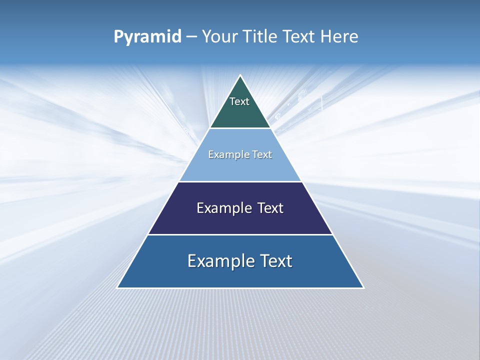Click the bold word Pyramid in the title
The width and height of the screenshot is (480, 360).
pyautogui.click(x=147, y=37)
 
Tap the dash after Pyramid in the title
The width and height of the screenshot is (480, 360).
pyautogui.click(x=191, y=37)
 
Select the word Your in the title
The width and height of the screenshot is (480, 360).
pyautogui.click(x=219, y=37)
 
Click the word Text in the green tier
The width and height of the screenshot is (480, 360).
pyautogui.click(x=239, y=101)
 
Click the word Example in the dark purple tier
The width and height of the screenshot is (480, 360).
pyautogui.click(x=221, y=208)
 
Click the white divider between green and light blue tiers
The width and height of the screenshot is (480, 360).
pyautogui.click(x=240, y=128)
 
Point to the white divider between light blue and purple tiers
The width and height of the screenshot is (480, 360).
pyautogui.click(x=240, y=181)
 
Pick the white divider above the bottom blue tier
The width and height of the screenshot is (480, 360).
pyautogui.click(x=240, y=234)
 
